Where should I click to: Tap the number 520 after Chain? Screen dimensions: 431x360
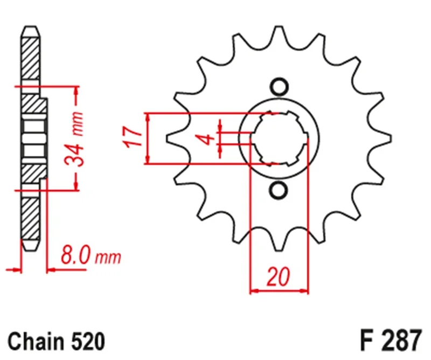(86, 341)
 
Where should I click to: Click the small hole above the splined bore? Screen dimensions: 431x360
(279, 86)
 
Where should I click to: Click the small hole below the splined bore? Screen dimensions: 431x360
(279, 189)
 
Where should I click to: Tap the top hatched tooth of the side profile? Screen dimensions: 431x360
(31, 54)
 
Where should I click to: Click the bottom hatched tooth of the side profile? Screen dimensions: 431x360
(31, 221)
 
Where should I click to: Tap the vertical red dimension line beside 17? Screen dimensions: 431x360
(148, 138)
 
